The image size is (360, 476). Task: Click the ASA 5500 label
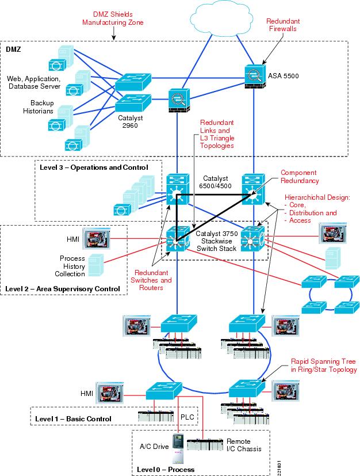(284, 75)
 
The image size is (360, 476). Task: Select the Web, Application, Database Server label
(33, 82)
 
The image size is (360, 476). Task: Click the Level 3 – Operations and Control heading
(93, 167)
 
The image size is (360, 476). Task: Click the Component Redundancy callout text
(299, 177)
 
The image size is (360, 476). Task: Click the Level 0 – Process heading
(166, 469)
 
